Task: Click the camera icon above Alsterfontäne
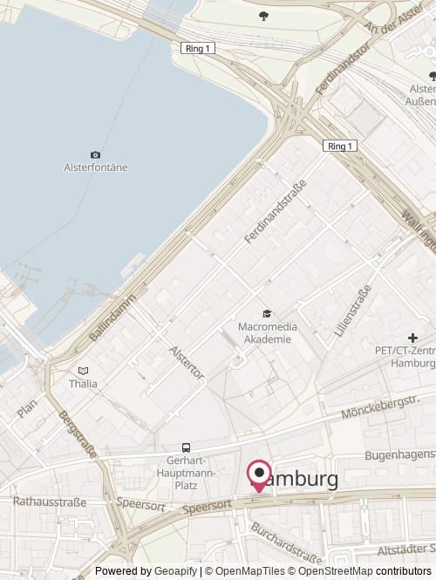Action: pyautogui.click(x=95, y=154)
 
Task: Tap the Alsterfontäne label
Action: pyautogui.click(x=96, y=167)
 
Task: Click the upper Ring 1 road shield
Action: pyautogui.click(x=198, y=48)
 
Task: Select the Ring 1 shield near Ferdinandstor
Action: pyautogui.click(x=339, y=146)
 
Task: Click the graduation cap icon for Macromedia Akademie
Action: pyautogui.click(x=266, y=314)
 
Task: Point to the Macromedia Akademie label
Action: pyautogui.click(x=265, y=333)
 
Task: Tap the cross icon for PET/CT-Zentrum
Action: pyautogui.click(x=412, y=338)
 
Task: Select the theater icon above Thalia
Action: pyautogui.click(x=83, y=371)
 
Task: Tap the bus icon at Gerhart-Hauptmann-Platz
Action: pyautogui.click(x=185, y=447)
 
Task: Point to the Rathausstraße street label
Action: pyautogui.click(x=50, y=502)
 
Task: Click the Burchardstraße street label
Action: pyautogui.click(x=285, y=542)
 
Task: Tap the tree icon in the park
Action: pyautogui.click(x=263, y=15)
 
